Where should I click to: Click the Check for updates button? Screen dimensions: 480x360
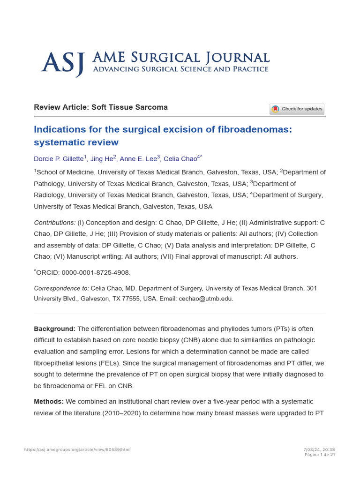pyautogui.click(x=297, y=109)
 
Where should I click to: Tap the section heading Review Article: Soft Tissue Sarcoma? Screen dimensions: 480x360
pyautogui.click(x=100, y=107)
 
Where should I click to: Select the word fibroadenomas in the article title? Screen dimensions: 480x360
pyautogui.click(x=256, y=129)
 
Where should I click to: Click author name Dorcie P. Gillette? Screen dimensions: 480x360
pyautogui.click(x=59, y=159)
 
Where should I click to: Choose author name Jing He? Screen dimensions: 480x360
pyautogui.click(x=101, y=159)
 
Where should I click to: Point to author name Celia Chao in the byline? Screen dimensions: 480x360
pyautogui.click(x=180, y=159)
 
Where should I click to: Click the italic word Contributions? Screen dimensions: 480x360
pyautogui.click(x=54, y=222)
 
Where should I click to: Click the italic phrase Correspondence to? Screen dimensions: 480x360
pyautogui.click(x=61, y=288)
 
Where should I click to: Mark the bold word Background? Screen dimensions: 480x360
pyautogui.click(x=54, y=329)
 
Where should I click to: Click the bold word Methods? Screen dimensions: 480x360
pyautogui.click(x=49, y=402)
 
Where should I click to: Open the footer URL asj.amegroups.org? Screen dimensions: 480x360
pyautogui.click(x=77, y=450)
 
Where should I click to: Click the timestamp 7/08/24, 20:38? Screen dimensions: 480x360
pyautogui.click(x=319, y=450)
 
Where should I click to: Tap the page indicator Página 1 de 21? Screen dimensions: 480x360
pyautogui.click(x=320, y=454)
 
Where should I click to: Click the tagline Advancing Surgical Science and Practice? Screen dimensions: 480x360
pyautogui.click(x=180, y=69)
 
